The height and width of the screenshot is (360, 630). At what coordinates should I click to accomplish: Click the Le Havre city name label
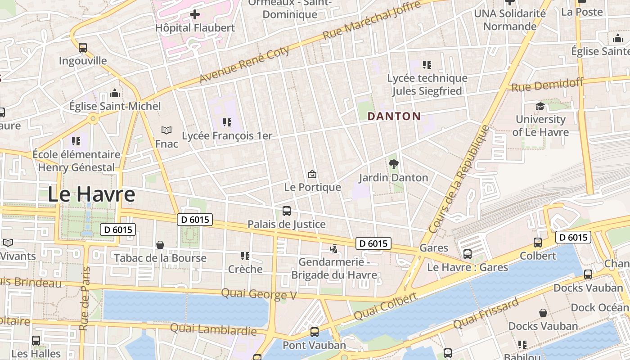[91, 194]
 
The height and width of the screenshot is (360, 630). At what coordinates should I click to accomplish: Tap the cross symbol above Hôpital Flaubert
[195, 14]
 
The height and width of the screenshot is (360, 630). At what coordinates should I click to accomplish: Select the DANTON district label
[394, 117]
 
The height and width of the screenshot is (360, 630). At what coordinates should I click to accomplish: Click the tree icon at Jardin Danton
[393, 164]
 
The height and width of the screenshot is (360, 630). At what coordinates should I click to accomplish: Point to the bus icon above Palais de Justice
[286, 211]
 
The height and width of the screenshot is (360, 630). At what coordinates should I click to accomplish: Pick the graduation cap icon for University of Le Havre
[540, 107]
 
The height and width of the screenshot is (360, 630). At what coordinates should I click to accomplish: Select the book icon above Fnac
[166, 130]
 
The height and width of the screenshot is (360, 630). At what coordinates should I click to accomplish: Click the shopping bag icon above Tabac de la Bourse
[160, 245]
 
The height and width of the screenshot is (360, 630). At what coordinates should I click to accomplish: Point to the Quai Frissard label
[486, 314]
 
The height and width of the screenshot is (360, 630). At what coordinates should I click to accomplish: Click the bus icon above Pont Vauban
[314, 332]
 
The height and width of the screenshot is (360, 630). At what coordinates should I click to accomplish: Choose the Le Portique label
[313, 187]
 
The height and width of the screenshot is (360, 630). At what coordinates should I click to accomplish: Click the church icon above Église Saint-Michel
[115, 94]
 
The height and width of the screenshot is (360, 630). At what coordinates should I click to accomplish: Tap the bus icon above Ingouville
[83, 47]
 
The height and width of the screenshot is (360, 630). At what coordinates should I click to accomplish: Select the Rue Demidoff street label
[547, 84]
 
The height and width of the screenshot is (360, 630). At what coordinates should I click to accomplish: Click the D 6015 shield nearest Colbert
[572, 237]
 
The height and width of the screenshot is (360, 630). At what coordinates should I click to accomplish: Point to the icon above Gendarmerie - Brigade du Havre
[333, 248]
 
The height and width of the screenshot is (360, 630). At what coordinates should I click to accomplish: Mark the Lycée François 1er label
[227, 135]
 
